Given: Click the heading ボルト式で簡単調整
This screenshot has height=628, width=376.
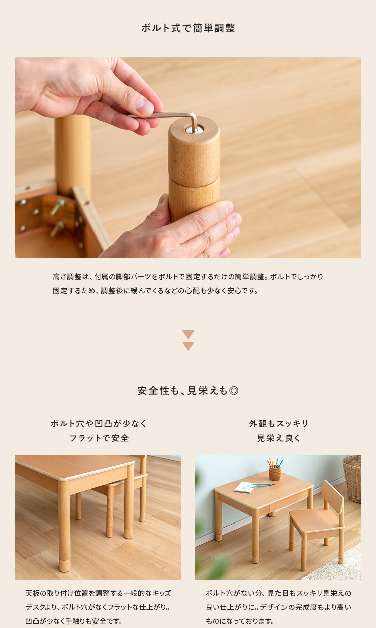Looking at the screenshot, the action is pos(188,28).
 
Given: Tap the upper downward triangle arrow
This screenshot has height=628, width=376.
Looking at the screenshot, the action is pos(188,334).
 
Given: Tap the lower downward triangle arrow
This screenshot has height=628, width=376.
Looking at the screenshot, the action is pos(188,346).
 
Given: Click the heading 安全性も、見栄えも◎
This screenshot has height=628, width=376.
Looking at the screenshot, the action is pos(188,390).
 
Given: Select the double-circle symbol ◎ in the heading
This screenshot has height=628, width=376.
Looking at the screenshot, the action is pos(234,390).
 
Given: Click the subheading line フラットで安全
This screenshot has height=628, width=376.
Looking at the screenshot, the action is pos(99,438).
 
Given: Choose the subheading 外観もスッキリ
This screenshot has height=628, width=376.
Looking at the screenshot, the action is pos(278,423).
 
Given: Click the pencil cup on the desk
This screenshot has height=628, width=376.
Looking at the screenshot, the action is pos(275,473).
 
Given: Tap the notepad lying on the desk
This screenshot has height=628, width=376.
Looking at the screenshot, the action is pos(244,487).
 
